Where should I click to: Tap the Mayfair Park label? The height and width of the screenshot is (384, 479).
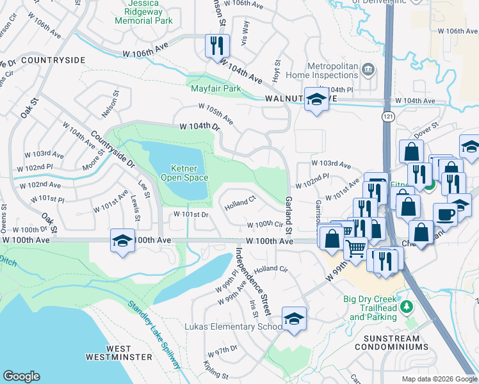215,88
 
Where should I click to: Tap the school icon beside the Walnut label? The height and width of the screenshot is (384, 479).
316,99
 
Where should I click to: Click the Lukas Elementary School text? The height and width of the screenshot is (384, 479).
232,326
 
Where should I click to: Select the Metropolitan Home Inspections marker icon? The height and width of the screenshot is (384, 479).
368,69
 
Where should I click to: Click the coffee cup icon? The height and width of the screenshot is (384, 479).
445,214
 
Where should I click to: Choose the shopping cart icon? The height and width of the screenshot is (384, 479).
356,247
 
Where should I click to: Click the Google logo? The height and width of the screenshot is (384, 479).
22,376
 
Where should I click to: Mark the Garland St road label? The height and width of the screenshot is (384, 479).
288,216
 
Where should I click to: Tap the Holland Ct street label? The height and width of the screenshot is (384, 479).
240,202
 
